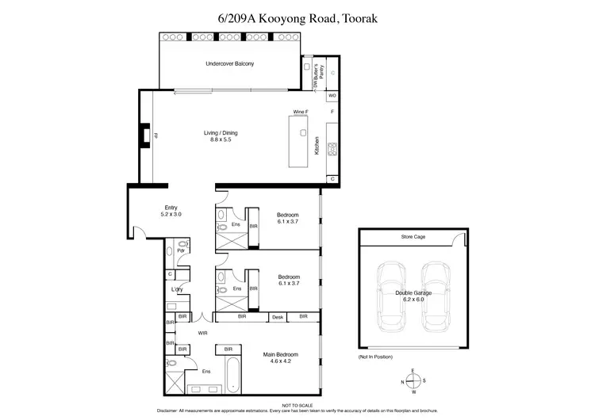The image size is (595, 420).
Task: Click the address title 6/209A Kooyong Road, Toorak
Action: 297,15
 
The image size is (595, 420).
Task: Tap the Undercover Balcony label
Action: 230,63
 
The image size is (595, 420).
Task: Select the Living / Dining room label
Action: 220,136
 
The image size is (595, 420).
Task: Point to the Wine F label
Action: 300,113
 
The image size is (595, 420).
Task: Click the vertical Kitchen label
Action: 317,145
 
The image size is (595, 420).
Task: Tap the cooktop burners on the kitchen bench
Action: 332,148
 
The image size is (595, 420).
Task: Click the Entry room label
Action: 171,211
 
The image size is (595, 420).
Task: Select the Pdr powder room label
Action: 181,251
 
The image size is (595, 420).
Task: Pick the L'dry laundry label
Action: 178,289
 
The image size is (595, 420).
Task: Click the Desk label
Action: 277,317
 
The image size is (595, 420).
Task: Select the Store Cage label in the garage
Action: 412,236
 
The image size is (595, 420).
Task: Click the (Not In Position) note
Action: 374,358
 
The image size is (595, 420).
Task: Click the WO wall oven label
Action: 332,95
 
